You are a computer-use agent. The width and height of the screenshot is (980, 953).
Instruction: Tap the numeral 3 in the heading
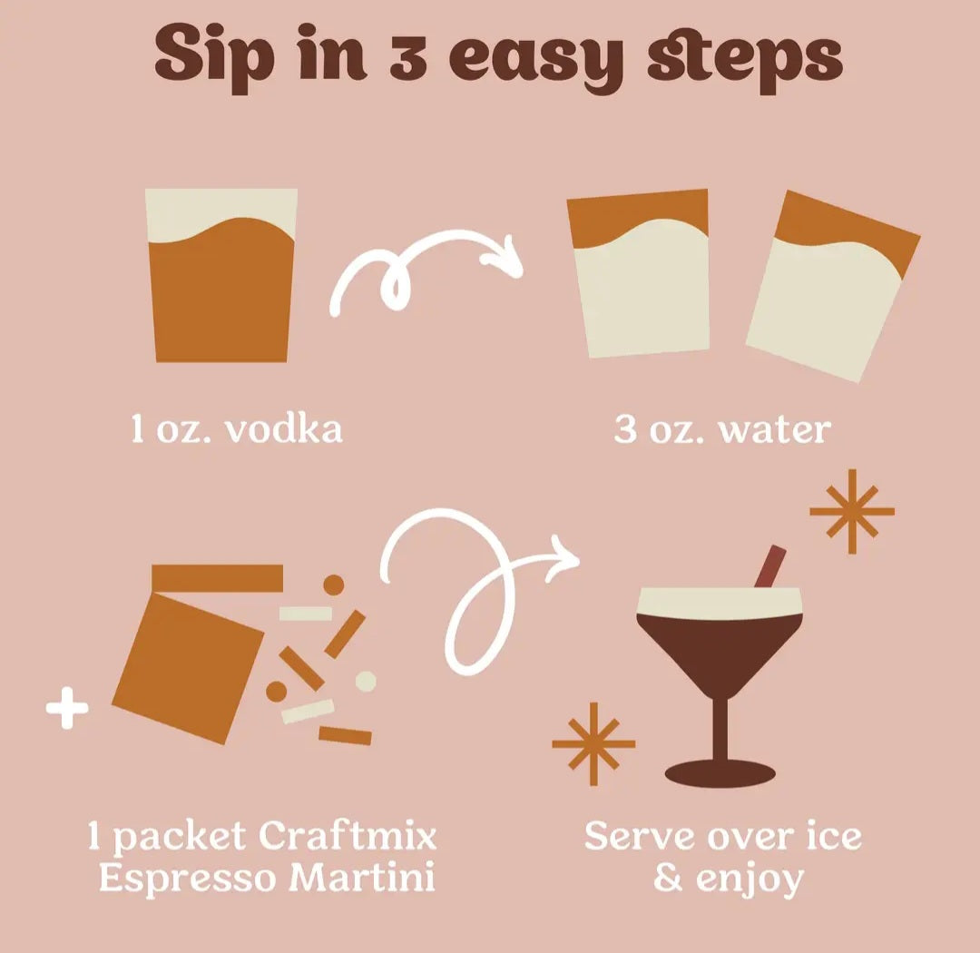(x=408, y=60)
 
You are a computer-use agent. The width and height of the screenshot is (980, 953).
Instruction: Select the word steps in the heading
(x=744, y=59)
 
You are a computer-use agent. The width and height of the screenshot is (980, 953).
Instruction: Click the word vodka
(x=284, y=429)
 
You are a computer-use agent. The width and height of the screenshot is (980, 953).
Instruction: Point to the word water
(x=775, y=430)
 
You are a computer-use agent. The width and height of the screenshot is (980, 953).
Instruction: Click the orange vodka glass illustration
(x=221, y=275)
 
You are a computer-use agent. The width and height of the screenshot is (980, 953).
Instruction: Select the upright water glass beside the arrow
(x=639, y=273)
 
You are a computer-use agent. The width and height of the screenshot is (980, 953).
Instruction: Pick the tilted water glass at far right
(x=832, y=286)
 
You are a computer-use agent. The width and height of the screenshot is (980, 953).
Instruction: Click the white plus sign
(x=67, y=708)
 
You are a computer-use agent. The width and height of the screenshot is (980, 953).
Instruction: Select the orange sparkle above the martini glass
(x=852, y=512)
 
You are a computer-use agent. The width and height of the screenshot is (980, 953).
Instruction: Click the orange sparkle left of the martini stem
(x=593, y=743)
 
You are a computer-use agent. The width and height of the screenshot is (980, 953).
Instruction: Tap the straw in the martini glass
(x=770, y=566)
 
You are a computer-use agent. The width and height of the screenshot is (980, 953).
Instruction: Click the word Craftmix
(x=347, y=835)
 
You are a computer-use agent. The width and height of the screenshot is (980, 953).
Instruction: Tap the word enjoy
(x=750, y=879)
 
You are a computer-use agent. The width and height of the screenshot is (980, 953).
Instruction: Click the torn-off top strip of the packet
(x=217, y=578)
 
